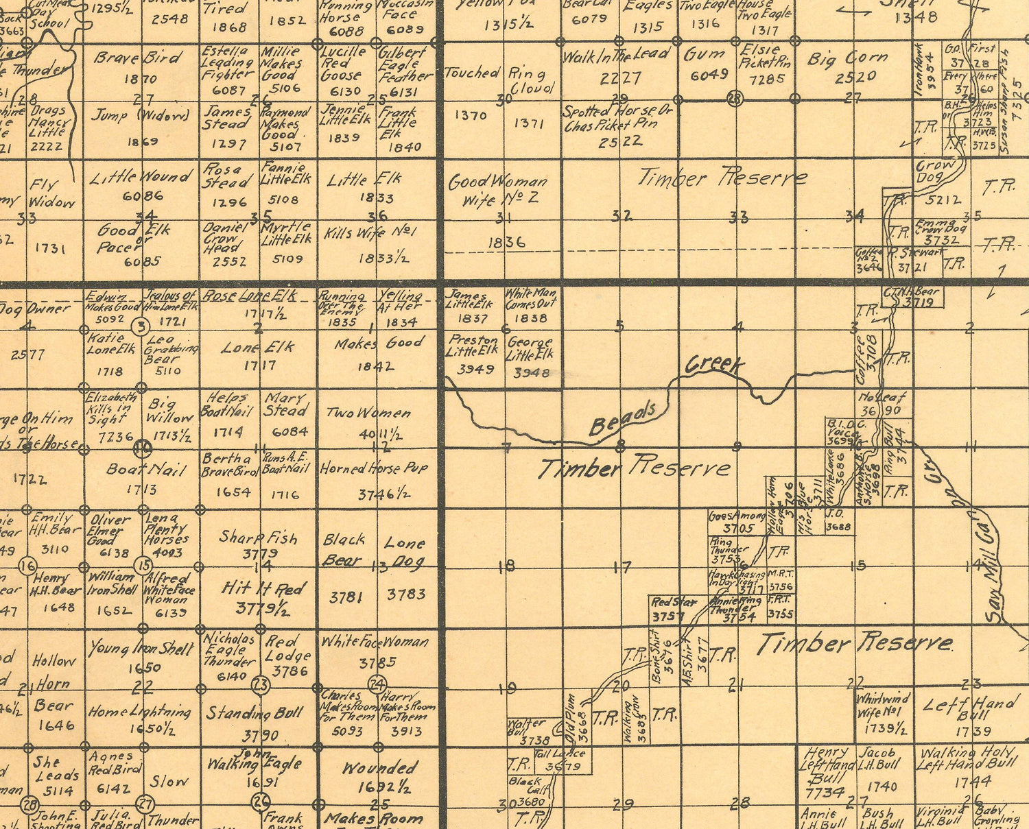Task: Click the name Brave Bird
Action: click(138, 58)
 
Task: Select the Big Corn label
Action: click(848, 58)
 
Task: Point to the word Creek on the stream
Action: click(715, 363)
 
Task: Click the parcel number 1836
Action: click(507, 242)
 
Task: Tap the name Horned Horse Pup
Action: click(375, 469)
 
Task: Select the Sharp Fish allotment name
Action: click(259, 538)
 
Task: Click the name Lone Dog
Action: click(405, 552)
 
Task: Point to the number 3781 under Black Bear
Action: click(346, 597)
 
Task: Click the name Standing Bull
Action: click(255, 713)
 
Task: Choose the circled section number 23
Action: click(261, 684)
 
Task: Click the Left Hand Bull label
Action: click(969, 707)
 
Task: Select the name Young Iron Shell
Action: click(141, 648)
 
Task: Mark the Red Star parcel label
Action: click(674, 602)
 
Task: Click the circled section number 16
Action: click(27, 566)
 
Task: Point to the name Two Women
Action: click(368, 413)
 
